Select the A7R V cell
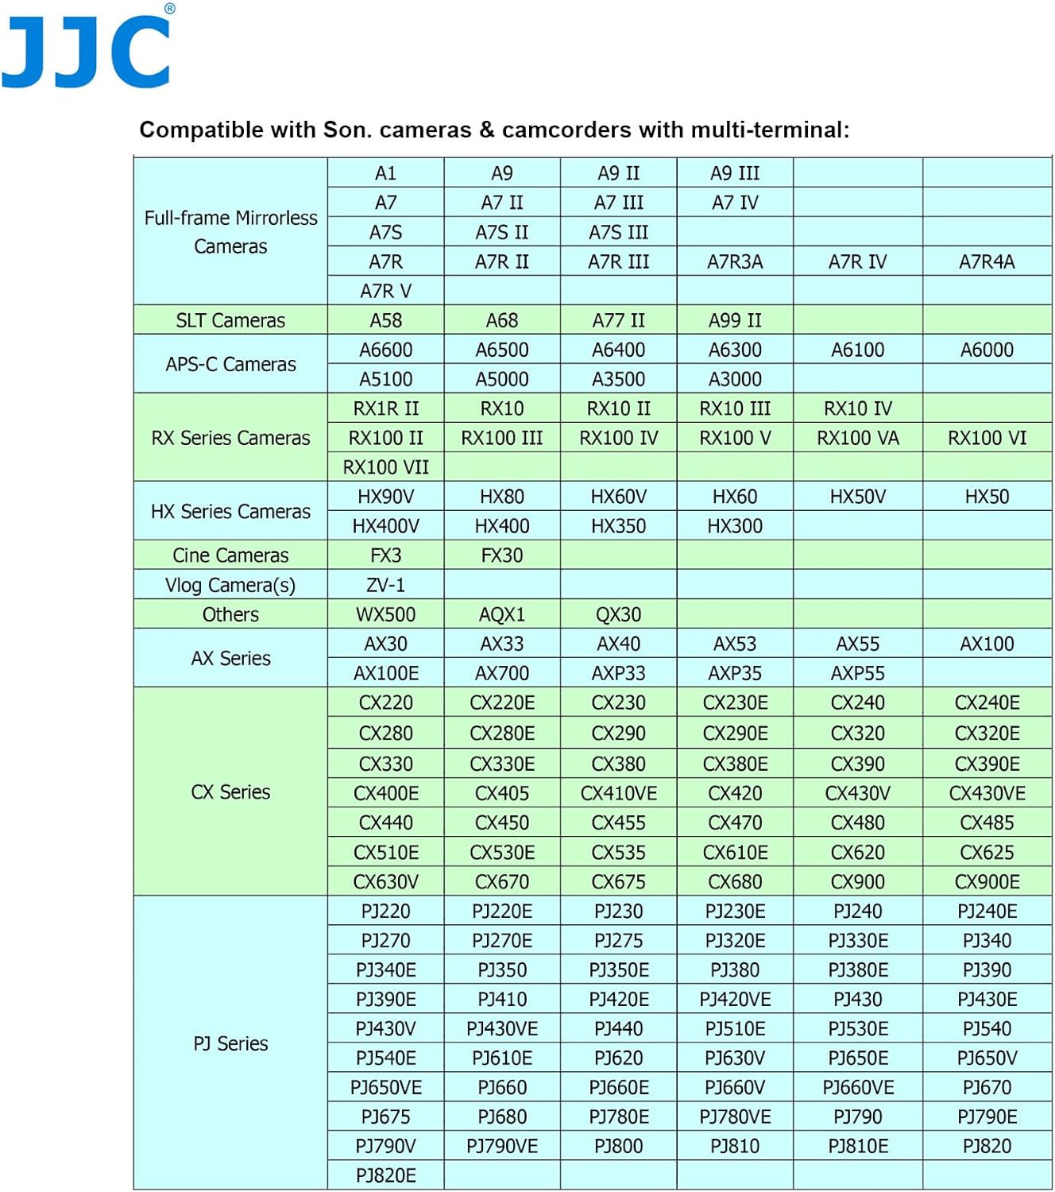click(x=385, y=291)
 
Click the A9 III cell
click(x=735, y=173)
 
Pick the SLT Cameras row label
click(x=230, y=320)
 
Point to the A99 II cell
click(x=735, y=320)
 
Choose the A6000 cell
click(x=987, y=350)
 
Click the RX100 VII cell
click(x=385, y=467)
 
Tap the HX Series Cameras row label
click(x=230, y=511)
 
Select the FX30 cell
click(x=502, y=555)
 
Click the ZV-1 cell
click(x=385, y=585)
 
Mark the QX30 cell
click(x=618, y=614)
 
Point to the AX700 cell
click(x=502, y=673)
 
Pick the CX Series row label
click(x=230, y=791)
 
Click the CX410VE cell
click(x=618, y=793)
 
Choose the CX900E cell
click(x=987, y=881)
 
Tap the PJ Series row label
click(x=230, y=1043)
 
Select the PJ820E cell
click(x=385, y=1175)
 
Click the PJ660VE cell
click(x=858, y=1087)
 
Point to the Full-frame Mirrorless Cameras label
click(x=230, y=231)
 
